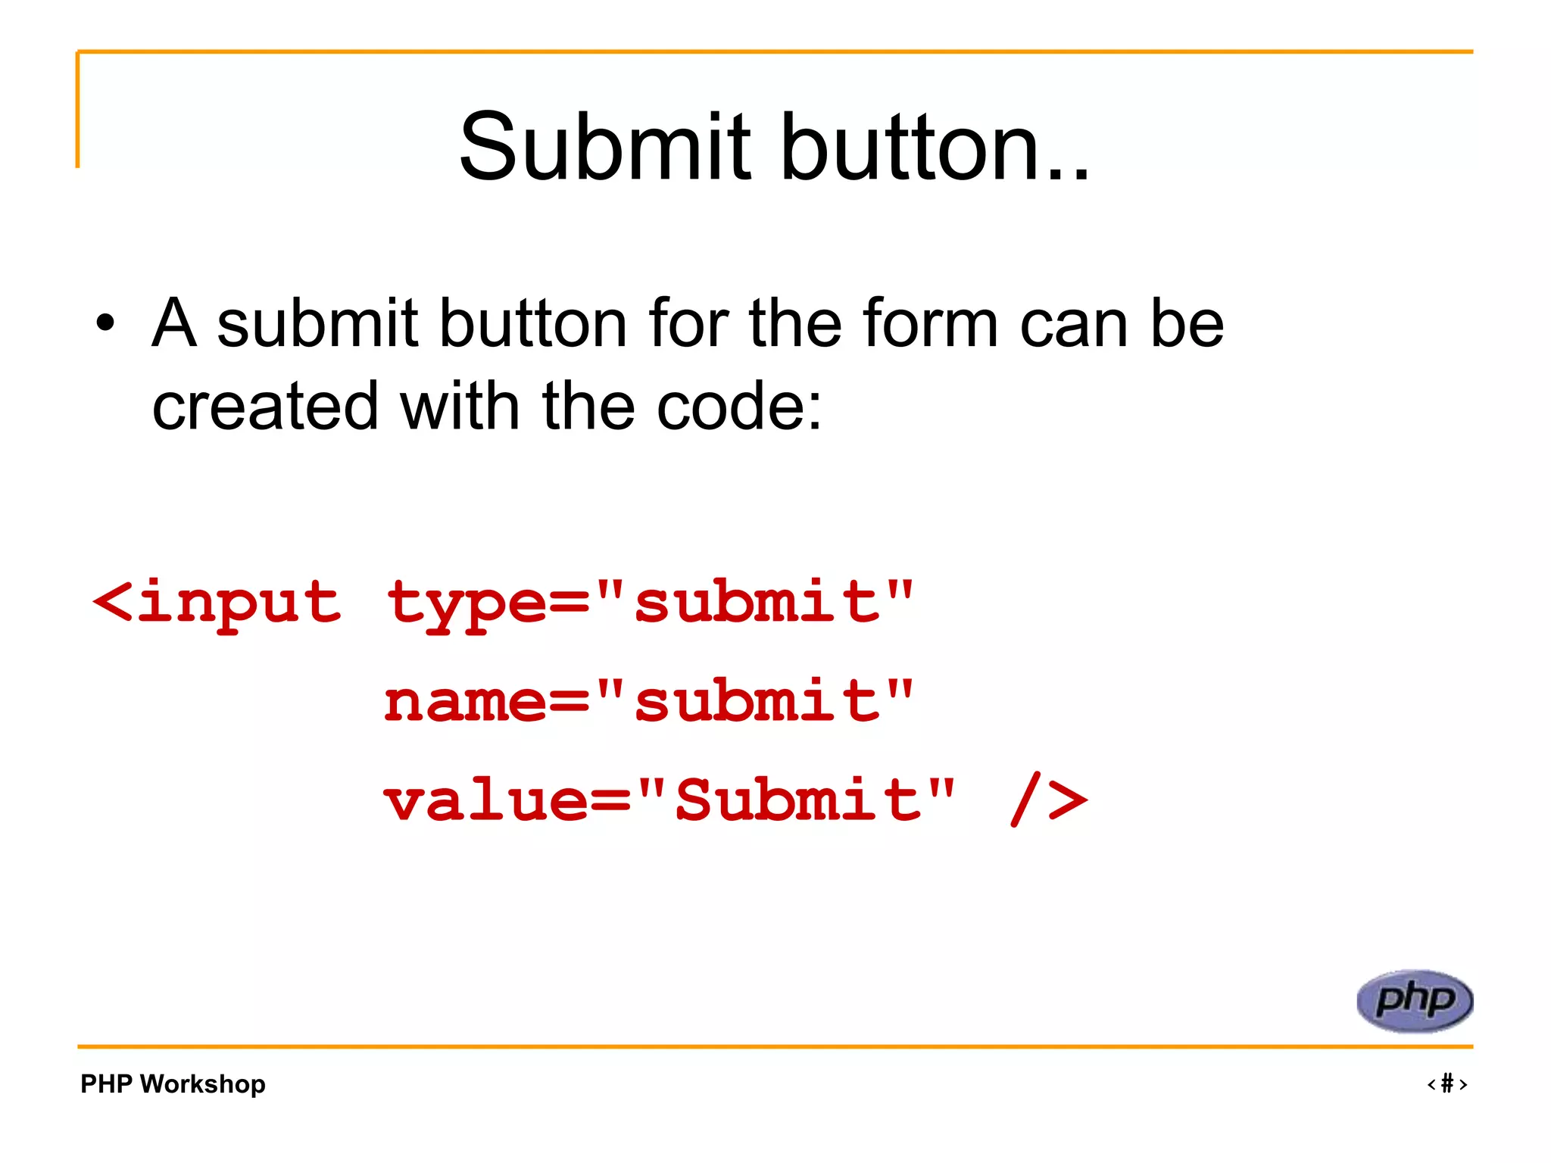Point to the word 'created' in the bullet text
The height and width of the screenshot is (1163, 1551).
(264, 407)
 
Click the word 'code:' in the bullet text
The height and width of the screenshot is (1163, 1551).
(738, 407)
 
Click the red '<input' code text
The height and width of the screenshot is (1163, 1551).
(217, 602)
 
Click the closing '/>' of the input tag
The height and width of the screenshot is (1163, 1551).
(1050, 800)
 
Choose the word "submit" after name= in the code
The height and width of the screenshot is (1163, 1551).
(757, 700)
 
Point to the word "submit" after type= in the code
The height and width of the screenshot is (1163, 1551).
(757, 602)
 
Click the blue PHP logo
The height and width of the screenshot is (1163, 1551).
(1415, 1000)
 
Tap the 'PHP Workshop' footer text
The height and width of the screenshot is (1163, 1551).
(173, 1083)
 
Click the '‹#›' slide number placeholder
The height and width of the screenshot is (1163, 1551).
(1447, 1083)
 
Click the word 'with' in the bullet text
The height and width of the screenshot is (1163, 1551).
(459, 407)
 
